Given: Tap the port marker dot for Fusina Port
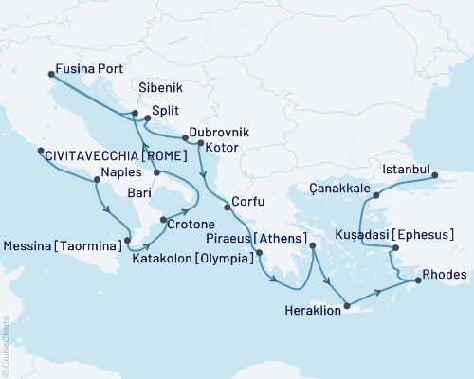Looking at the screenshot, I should pyautogui.click(x=50, y=73).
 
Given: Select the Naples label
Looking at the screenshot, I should pyautogui.click(x=119, y=174).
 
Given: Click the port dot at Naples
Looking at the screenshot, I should pyautogui.click(x=97, y=178).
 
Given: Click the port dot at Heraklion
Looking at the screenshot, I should pyautogui.click(x=347, y=305).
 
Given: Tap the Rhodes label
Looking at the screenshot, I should pyautogui.click(x=447, y=275).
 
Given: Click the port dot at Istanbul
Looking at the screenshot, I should pyautogui.click(x=435, y=175).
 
